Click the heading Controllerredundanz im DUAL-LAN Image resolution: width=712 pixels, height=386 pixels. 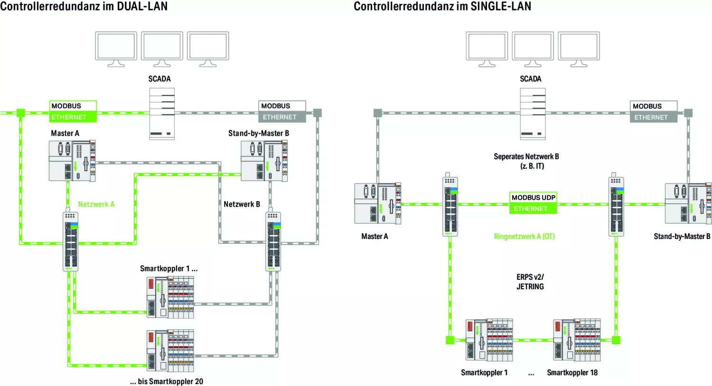click(84, 6)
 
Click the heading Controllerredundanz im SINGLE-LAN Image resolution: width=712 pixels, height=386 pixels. click(442, 6)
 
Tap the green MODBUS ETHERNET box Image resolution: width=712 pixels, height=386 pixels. click(73, 111)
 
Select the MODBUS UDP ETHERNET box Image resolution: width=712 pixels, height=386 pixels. click(533, 203)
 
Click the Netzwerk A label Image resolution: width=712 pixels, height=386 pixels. click(96, 204)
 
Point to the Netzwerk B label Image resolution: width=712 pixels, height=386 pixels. click(242, 204)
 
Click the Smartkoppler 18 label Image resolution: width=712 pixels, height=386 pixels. click(572, 373)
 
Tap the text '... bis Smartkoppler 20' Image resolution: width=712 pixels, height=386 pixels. click(167, 381)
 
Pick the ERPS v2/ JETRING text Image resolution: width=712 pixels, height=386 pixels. click(530, 282)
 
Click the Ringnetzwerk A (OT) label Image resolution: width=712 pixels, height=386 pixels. click(524, 236)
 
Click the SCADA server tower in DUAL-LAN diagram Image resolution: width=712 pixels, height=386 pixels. click(162, 114)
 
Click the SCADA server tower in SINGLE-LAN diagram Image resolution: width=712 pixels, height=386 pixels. click(533, 114)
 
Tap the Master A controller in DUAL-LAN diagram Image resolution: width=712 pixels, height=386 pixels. click(72, 160)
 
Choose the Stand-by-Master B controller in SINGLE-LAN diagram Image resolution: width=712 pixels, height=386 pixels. click(688, 203)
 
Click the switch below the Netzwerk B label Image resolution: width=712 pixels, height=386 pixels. click(273, 242)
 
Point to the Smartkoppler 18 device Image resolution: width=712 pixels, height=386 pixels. click(577, 340)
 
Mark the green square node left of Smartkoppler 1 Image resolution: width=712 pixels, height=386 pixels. click(450, 340)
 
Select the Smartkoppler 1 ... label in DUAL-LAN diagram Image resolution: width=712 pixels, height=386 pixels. click(169, 268)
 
